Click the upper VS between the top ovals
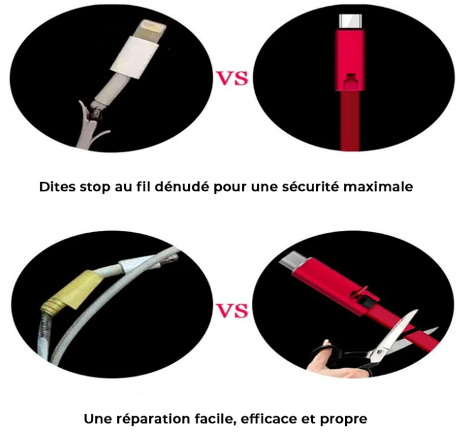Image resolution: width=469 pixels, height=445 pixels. coord(234,79)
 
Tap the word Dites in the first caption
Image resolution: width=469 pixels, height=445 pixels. coord(56,187)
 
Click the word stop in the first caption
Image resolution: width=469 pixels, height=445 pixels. coord(94,187)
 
